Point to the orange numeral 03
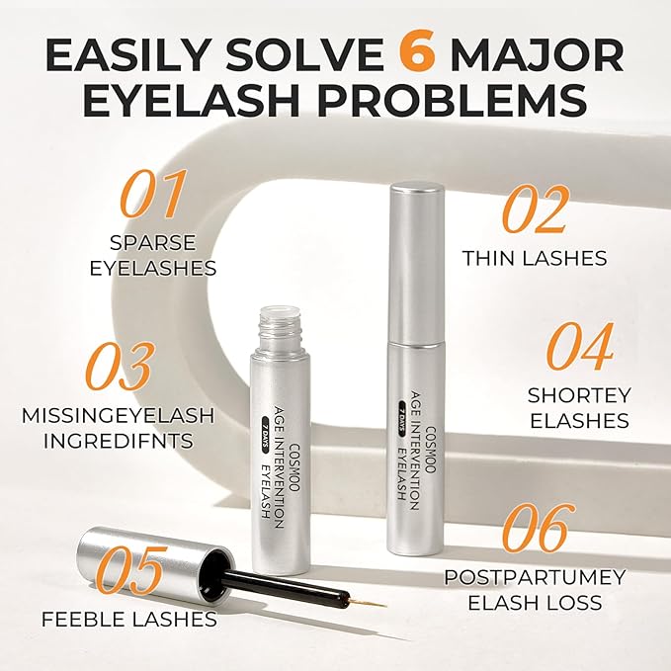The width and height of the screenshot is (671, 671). (120, 367)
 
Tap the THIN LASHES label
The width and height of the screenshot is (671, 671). (534, 258)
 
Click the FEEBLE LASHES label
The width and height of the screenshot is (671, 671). (128, 620)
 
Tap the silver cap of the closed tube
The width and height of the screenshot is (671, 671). (411, 247)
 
